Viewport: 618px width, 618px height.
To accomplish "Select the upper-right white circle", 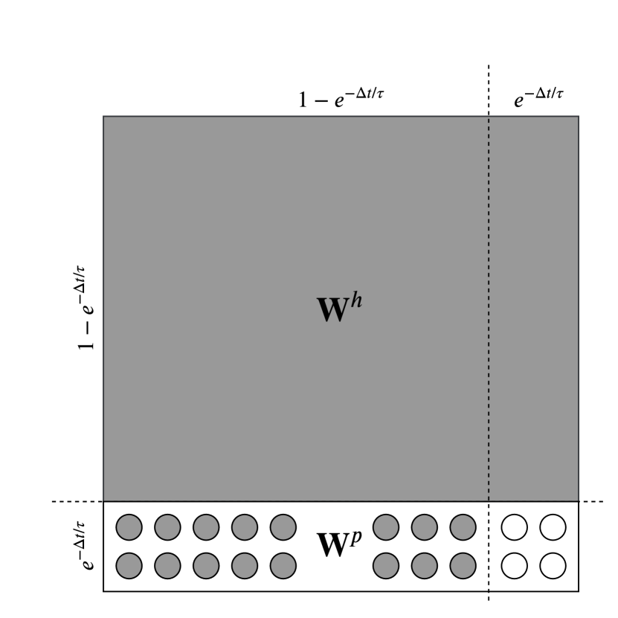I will [553, 527].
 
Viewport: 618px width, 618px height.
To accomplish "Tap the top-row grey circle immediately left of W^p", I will [283, 527].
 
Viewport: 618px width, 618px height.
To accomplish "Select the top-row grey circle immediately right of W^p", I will [385, 527].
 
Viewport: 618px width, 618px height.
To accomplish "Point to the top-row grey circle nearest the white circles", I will [463, 527].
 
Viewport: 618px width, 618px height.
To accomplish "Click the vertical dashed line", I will [489, 297].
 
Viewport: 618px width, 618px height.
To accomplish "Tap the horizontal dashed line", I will [74, 502].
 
